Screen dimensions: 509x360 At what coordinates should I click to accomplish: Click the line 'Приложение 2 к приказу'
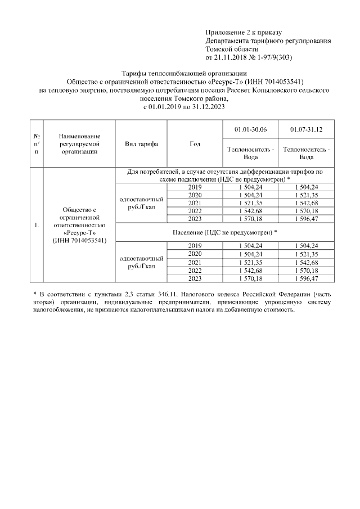(244, 33)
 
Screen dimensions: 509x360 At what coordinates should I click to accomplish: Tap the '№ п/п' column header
(37, 143)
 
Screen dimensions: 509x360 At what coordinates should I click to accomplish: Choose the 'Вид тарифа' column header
(141, 143)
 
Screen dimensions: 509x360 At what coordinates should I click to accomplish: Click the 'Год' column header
(195, 143)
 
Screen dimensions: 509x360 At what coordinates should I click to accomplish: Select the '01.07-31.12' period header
(307, 130)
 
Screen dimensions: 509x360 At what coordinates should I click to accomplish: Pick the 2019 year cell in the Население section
(195, 246)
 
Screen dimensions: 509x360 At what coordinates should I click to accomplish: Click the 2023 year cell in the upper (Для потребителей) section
(195, 218)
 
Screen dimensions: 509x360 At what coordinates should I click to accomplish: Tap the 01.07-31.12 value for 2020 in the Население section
(307, 254)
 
